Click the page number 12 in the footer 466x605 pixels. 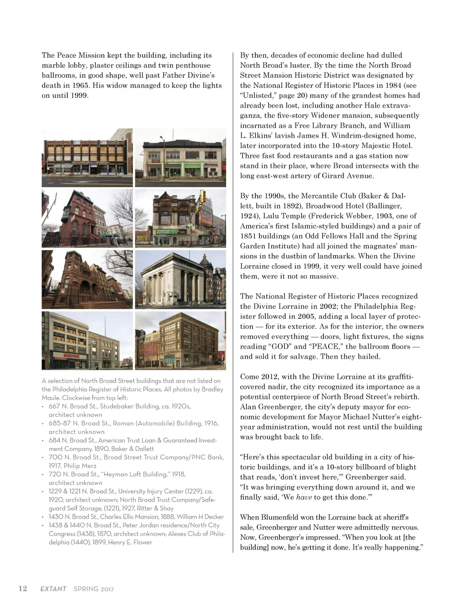[23, 588]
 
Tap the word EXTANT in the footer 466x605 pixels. [53, 589]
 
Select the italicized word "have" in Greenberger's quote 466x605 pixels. [304, 497]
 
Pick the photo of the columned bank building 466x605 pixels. [181, 279]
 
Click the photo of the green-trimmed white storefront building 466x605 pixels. [181, 157]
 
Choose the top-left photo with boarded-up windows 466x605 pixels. [87, 157]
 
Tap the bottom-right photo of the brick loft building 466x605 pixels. [181, 340]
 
